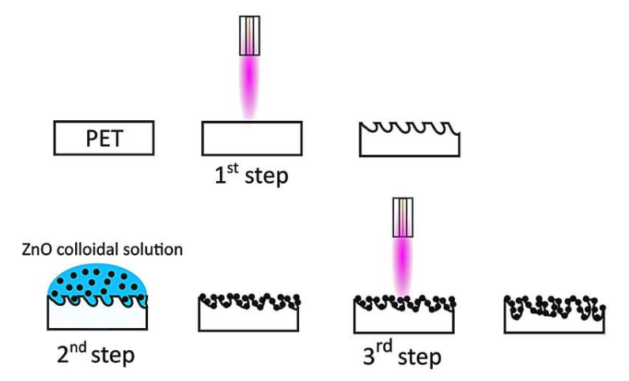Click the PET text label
(x=104, y=139)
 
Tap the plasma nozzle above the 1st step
(x=250, y=36)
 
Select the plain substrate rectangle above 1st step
(x=252, y=138)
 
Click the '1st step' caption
(x=251, y=173)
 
